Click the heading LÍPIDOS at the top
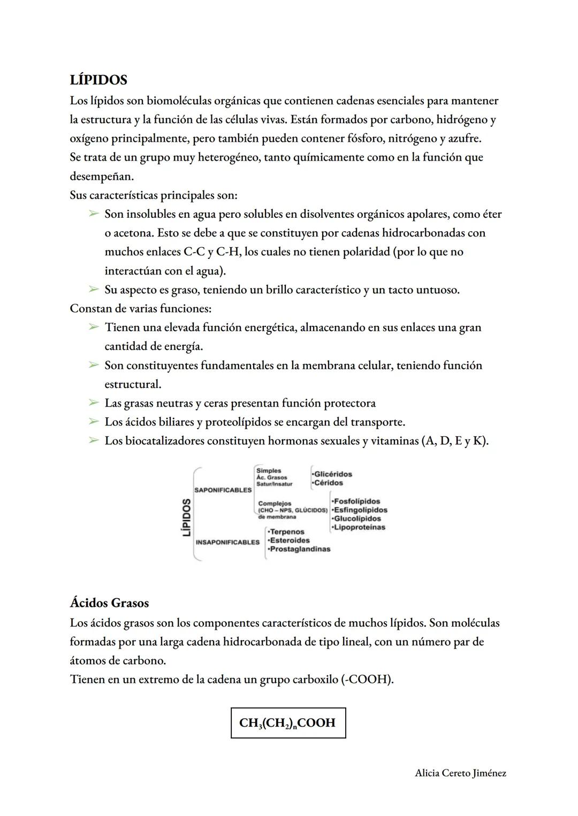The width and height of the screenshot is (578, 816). pyautogui.click(x=98, y=80)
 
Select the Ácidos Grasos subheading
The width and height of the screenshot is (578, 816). pyautogui.click(x=109, y=603)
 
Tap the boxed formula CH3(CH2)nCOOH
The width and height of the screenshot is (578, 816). pyautogui.click(x=288, y=723)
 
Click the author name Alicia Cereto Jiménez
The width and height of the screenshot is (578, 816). pyautogui.click(x=460, y=773)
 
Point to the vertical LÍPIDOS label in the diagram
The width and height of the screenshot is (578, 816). pyautogui.click(x=186, y=517)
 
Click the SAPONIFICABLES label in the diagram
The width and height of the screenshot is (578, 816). pyautogui.click(x=223, y=490)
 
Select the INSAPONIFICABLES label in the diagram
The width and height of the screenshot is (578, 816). pyautogui.click(x=227, y=542)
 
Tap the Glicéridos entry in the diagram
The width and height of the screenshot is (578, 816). pyautogui.click(x=332, y=474)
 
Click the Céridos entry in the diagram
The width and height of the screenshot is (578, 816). pyautogui.click(x=328, y=483)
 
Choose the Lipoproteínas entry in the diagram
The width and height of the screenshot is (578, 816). pyautogui.click(x=359, y=527)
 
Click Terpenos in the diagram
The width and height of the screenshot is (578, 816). pyautogui.click(x=286, y=532)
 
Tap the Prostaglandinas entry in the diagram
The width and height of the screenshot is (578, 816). pyautogui.click(x=300, y=549)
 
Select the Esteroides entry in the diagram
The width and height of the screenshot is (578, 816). pyautogui.click(x=289, y=540)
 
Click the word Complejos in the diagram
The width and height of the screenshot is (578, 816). pyautogui.click(x=275, y=504)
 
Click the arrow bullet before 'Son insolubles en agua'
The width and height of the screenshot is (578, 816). pyautogui.click(x=94, y=214)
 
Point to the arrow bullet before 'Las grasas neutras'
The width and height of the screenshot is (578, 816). pyautogui.click(x=94, y=403)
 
